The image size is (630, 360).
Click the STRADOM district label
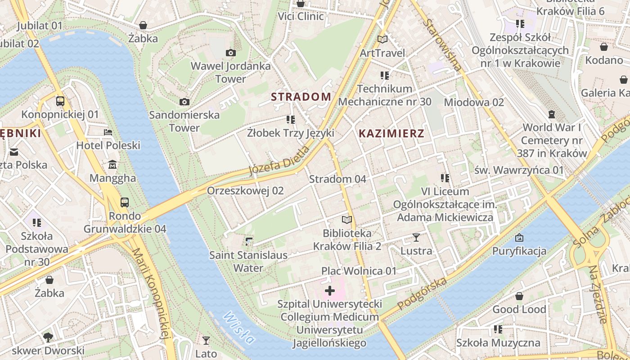tap(301, 97)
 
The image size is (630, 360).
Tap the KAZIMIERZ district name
tap(391, 133)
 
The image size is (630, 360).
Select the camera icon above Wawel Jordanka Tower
tap(231, 53)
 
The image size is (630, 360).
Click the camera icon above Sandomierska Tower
tap(184, 102)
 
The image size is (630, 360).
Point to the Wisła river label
tap(238, 327)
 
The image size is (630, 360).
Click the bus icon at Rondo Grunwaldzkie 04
tap(125, 202)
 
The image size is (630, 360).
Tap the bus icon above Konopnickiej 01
tap(60, 101)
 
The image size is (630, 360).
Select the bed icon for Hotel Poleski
tap(108, 132)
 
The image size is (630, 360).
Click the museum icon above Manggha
tap(112, 165)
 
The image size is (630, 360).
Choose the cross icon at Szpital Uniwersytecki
tap(330, 291)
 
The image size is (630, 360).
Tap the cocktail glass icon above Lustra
tap(416, 238)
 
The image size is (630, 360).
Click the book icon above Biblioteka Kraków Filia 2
tap(347, 220)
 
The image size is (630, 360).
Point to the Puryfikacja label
tap(519, 251)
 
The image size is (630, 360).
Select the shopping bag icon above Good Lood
tap(519, 296)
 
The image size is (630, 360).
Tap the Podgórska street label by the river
tap(422, 293)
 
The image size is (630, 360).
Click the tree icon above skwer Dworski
tap(48, 337)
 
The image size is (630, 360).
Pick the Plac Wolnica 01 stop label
tap(359, 271)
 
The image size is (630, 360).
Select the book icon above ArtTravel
tap(382, 40)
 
